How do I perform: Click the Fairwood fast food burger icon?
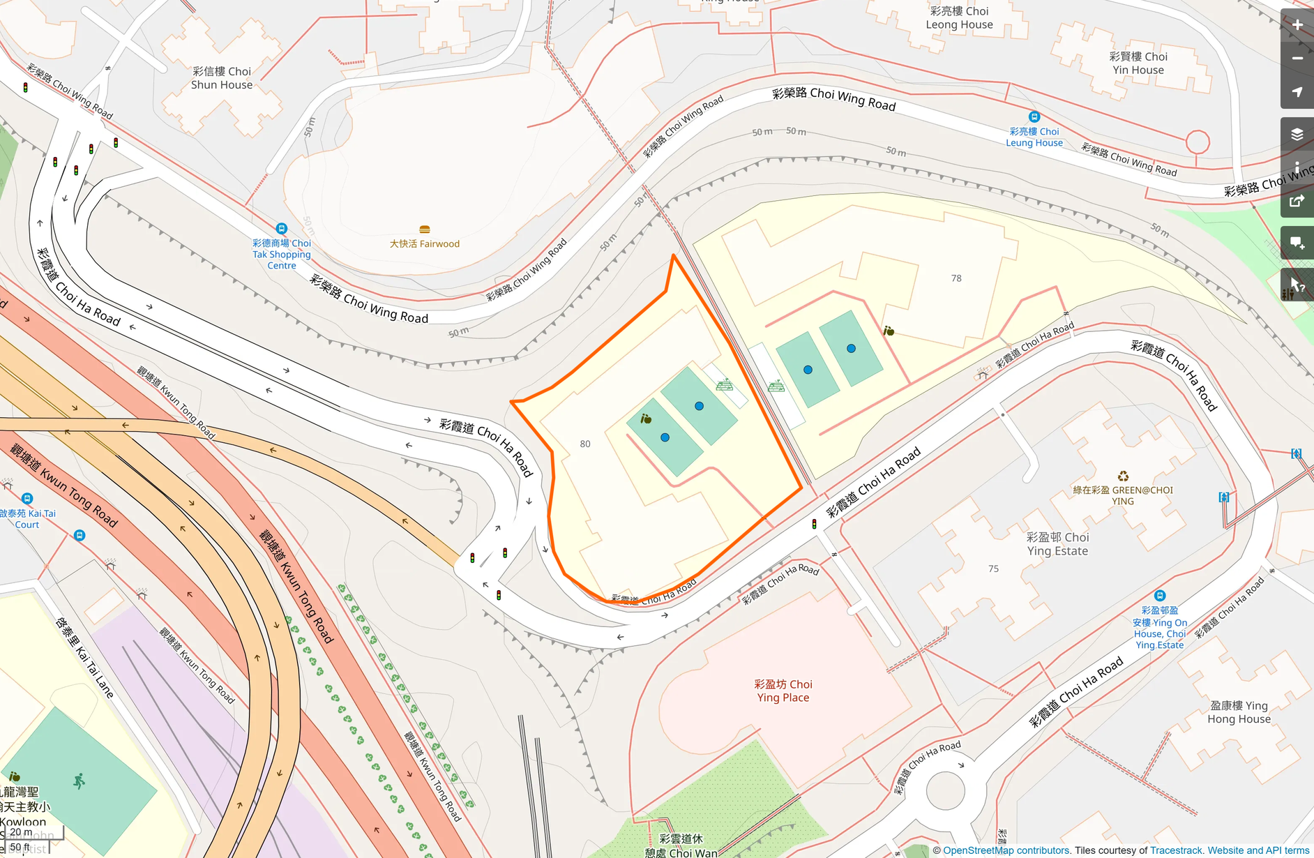(424, 229)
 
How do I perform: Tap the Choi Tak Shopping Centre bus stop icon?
(281, 229)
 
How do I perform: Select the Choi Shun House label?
(222, 78)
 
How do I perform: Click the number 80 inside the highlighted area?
(584, 444)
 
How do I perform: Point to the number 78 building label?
(956, 278)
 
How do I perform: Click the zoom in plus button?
(1297, 25)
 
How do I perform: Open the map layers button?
(1297, 134)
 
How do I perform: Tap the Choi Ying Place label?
(783, 691)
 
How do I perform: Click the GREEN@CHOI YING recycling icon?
(1122, 476)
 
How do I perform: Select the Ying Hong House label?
(1239, 712)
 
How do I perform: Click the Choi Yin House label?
(1138, 63)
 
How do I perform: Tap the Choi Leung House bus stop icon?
(1034, 117)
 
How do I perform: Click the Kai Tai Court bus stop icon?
(27, 498)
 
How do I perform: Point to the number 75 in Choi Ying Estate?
(992, 569)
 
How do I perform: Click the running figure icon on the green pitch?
(79, 781)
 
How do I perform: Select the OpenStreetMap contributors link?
(1006, 850)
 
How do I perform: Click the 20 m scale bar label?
(21, 832)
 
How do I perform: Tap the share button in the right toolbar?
(1297, 202)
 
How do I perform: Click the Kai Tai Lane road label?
(84, 657)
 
